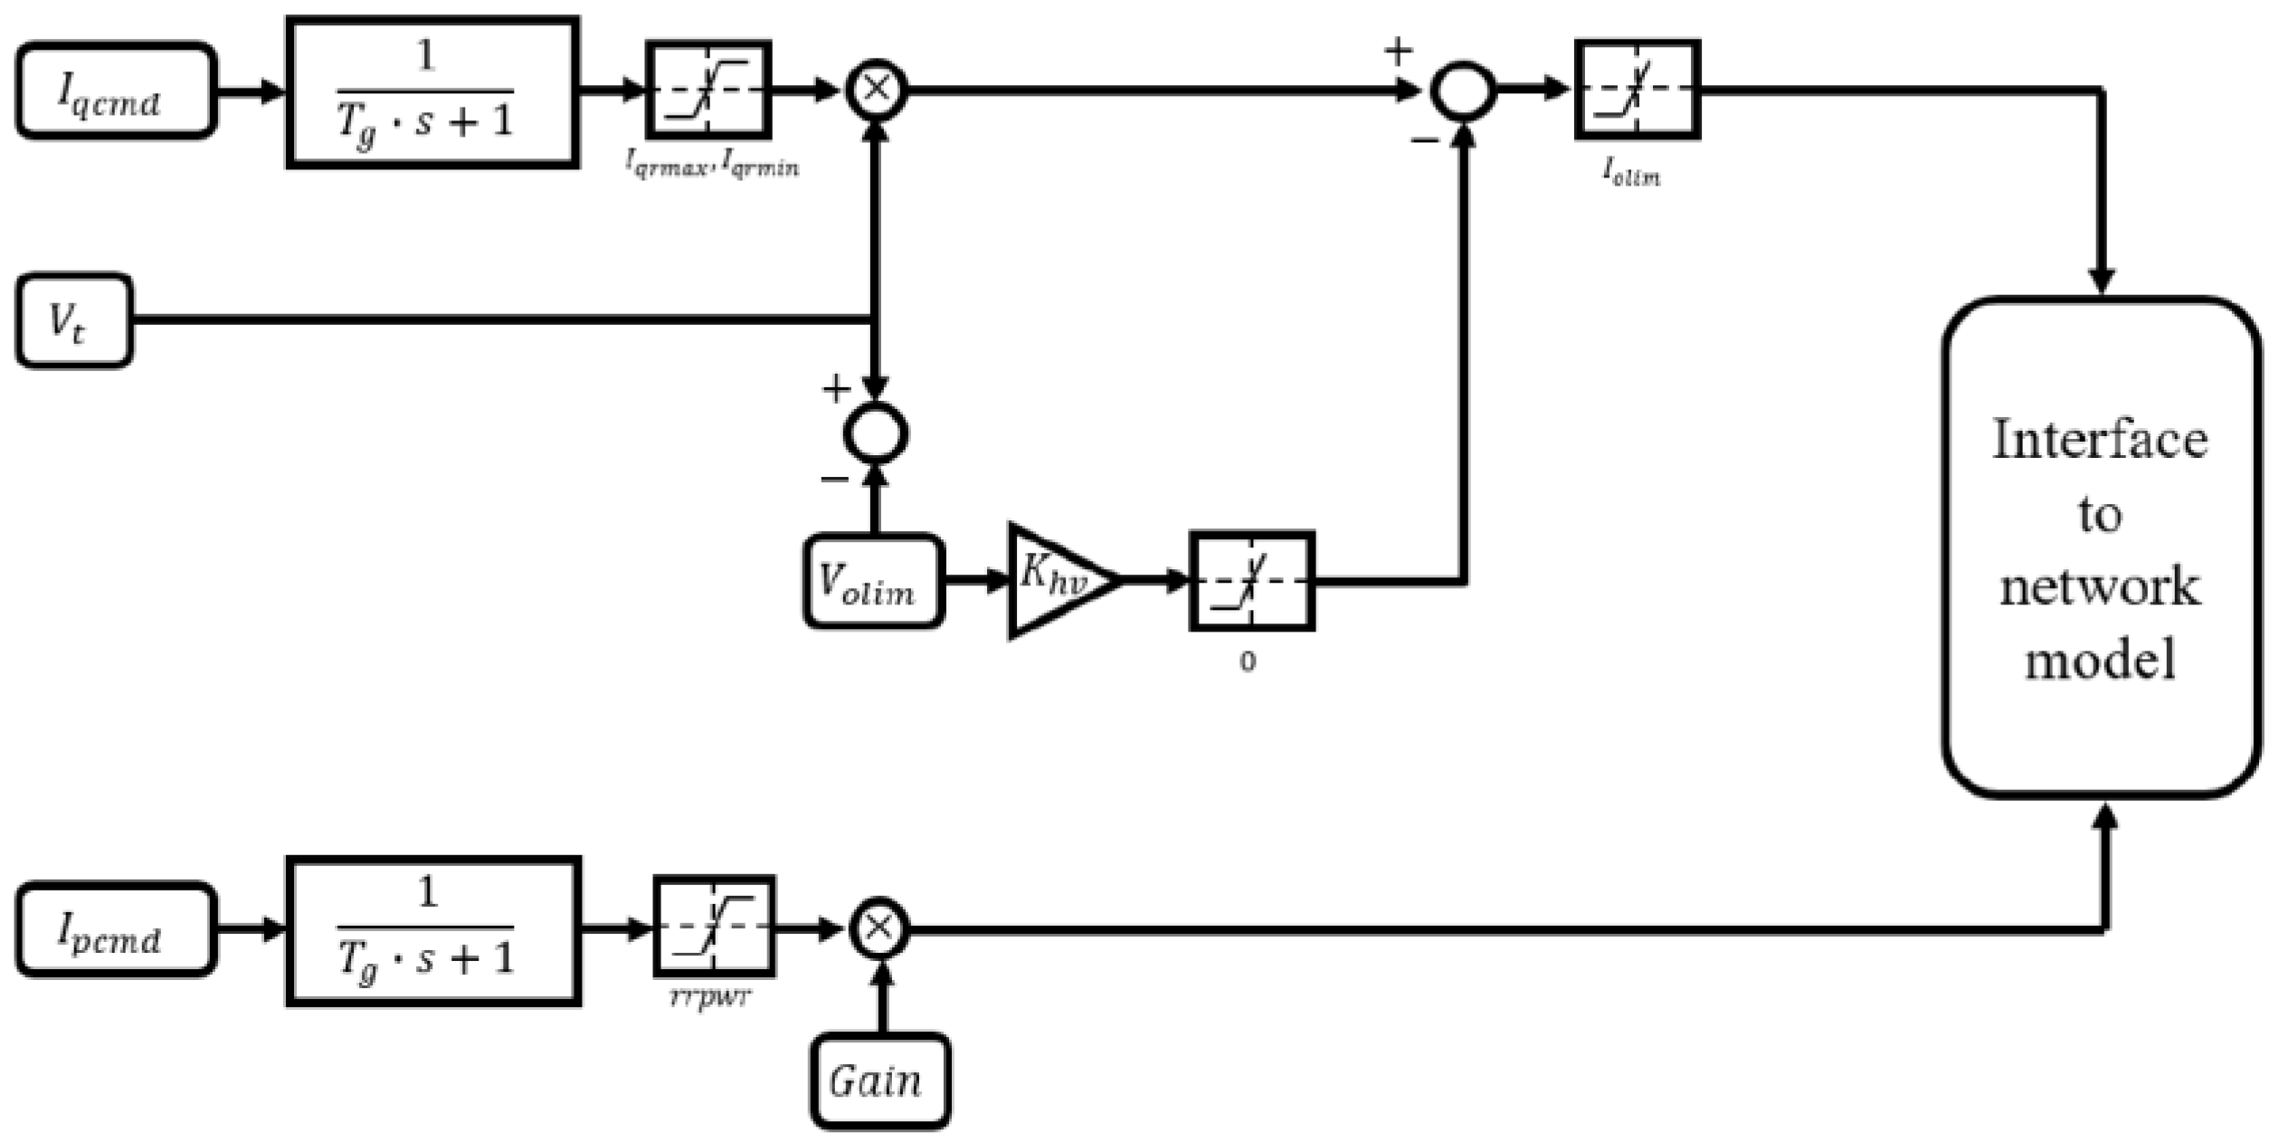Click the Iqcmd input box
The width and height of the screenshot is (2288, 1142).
[x=116, y=90]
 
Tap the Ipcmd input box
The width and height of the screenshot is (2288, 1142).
[x=116, y=929]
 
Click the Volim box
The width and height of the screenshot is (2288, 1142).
[x=873, y=581]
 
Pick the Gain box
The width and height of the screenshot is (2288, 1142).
[x=879, y=1080]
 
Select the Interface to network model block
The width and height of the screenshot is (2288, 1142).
[x=2101, y=547]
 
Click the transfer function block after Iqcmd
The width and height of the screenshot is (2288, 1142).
[x=432, y=92]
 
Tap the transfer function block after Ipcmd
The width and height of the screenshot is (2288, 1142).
[x=432, y=930]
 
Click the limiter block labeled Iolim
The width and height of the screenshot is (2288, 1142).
[x=1637, y=90]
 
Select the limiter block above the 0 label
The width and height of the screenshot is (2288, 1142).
[x=1251, y=580]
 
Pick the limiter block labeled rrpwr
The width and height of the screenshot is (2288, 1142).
[x=714, y=926]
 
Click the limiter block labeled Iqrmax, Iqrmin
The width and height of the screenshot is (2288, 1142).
[x=708, y=90]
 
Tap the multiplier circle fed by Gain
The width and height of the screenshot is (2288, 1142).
[x=879, y=928]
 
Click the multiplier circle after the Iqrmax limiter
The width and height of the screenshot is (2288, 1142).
[x=876, y=90]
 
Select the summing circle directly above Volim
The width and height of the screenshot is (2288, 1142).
[x=875, y=433]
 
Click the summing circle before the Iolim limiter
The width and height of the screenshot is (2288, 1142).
[x=1462, y=90]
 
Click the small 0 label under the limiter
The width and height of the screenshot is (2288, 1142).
[x=1247, y=662]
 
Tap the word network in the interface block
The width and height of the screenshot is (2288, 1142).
[x=2099, y=586]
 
